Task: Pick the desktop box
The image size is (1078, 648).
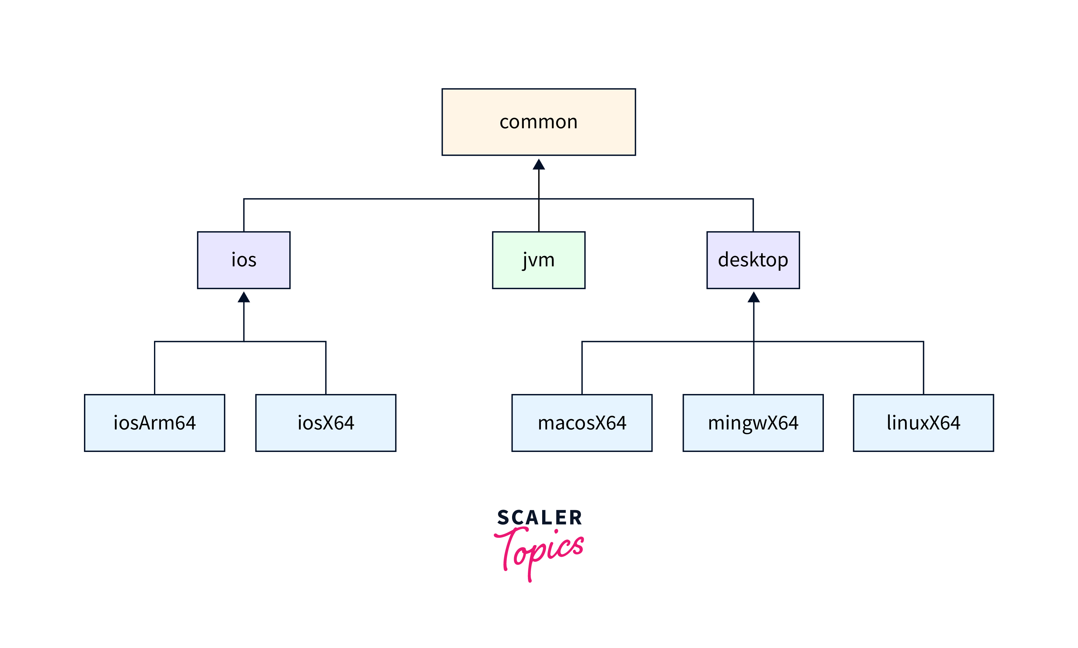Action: pos(753,277)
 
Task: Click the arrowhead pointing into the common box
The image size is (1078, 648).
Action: pos(539,165)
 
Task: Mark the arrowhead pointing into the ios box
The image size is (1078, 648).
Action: pos(244,297)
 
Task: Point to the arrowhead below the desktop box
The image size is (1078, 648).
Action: pos(754,297)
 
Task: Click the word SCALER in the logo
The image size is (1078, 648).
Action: pos(539,518)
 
